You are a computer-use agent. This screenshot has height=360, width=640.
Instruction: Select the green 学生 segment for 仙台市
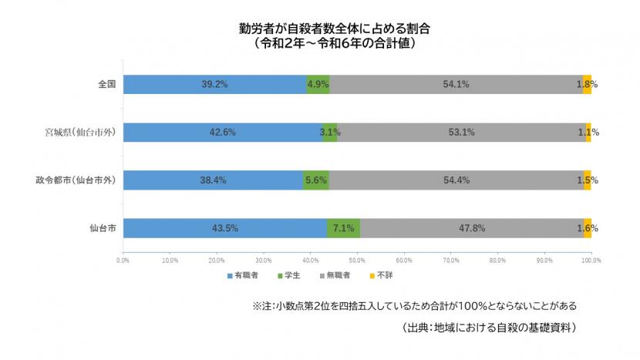pyautogui.click(x=343, y=228)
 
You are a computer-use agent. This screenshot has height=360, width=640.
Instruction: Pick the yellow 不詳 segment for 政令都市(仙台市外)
pyautogui.click(x=588, y=180)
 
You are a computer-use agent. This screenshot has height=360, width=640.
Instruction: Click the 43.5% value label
pyautogui.click(x=224, y=228)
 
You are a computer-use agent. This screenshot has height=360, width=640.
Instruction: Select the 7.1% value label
pyautogui.click(x=343, y=228)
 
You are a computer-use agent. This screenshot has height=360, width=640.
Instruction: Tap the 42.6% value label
pyautogui.click(x=222, y=133)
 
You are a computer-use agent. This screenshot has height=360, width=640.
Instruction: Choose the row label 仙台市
pyautogui.click(x=103, y=228)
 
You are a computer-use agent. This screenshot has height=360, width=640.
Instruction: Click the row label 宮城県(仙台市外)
pyautogui.click(x=81, y=133)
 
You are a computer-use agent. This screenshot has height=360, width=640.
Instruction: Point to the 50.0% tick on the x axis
pyautogui.click(x=357, y=260)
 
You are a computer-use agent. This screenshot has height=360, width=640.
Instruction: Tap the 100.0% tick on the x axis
pyautogui.click(x=591, y=260)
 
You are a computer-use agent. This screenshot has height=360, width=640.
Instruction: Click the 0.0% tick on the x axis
pyautogui.click(x=123, y=260)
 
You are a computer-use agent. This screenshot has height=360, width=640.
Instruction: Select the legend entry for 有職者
pyautogui.click(x=242, y=275)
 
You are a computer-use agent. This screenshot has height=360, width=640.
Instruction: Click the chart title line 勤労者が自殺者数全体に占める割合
pyautogui.click(x=334, y=29)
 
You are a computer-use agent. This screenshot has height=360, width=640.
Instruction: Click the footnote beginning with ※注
pyautogui.click(x=414, y=305)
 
